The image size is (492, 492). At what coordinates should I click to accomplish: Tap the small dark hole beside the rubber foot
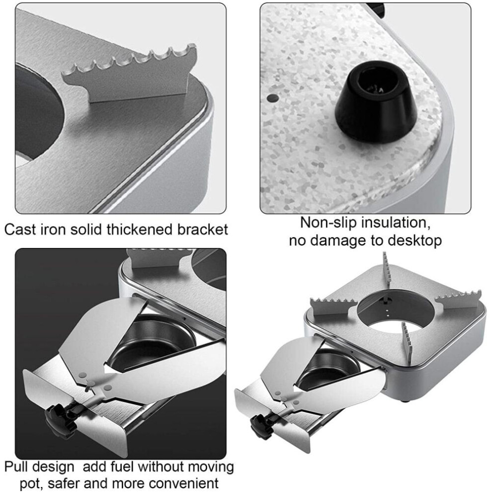pyautogui.click(x=273, y=97)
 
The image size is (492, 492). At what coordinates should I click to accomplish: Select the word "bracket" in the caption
pyautogui.click(x=202, y=230)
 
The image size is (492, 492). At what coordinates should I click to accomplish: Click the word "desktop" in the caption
pyautogui.click(x=415, y=242)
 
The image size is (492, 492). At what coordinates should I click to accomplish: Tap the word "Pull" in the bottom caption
pyautogui.click(x=18, y=467)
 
